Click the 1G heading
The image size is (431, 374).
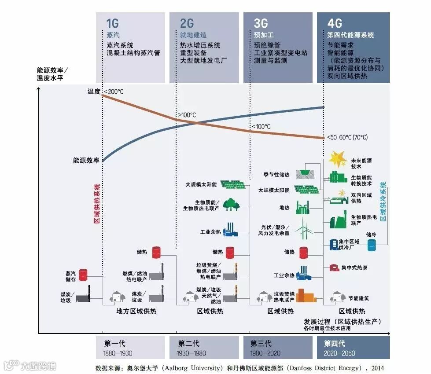click(113, 23)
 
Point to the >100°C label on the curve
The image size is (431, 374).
click(187, 115)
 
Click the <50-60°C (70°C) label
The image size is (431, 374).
click(347, 137)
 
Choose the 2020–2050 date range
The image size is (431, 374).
click(339, 353)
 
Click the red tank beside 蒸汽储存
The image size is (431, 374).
click(84, 275)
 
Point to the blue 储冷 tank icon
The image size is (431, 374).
click(372, 245)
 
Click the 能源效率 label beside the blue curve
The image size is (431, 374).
click(86, 161)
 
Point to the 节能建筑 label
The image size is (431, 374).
click(358, 298)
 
